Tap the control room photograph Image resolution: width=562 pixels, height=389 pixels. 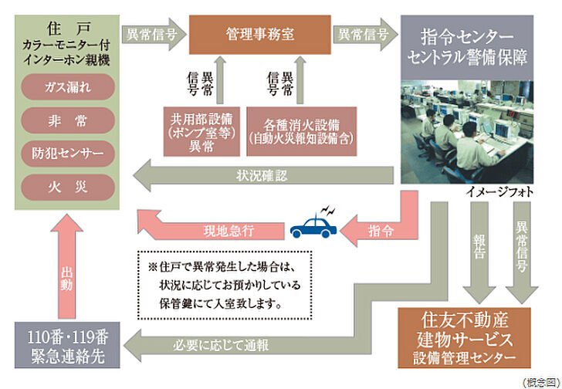(x=466, y=131)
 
